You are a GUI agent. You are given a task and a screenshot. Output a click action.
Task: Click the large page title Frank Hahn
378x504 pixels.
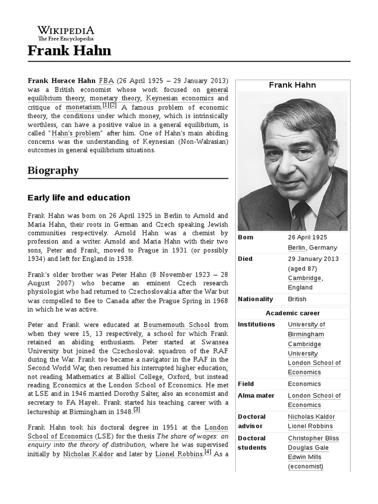(x=69, y=50)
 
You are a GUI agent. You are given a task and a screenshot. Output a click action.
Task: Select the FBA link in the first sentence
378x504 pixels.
(x=106, y=80)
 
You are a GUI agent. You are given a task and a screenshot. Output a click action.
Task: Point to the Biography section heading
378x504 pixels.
(x=53, y=170)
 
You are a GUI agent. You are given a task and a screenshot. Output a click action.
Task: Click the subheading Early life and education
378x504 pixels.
(x=79, y=198)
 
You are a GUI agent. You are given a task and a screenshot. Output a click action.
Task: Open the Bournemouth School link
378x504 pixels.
(x=176, y=324)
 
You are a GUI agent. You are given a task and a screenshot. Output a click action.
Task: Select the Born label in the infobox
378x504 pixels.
(x=246, y=237)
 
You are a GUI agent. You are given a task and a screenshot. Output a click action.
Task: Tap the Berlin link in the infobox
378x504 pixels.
(x=297, y=248)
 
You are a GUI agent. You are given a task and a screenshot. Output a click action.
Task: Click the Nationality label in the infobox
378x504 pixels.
(x=254, y=299)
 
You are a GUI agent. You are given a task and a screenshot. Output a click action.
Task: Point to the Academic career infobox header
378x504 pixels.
(x=293, y=313)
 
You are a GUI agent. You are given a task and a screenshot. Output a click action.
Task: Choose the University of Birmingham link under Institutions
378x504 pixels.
(x=306, y=329)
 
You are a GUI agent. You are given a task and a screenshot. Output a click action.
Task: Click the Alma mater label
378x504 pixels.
(x=256, y=395)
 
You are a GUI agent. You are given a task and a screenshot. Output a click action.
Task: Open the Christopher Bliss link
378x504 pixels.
(x=313, y=438)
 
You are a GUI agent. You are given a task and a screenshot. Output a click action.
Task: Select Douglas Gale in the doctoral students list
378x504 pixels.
(x=308, y=447)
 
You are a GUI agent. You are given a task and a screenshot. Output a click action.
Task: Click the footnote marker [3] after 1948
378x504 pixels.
(x=137, y=409)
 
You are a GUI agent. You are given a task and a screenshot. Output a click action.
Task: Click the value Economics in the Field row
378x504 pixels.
(x=304, y=384)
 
